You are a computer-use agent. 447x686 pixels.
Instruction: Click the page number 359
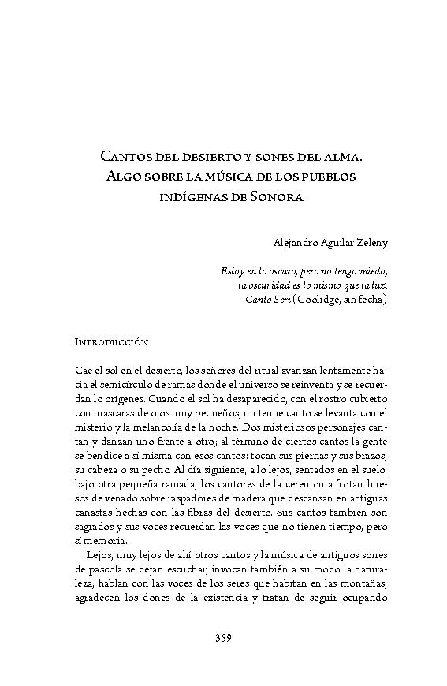coord(223,638)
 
